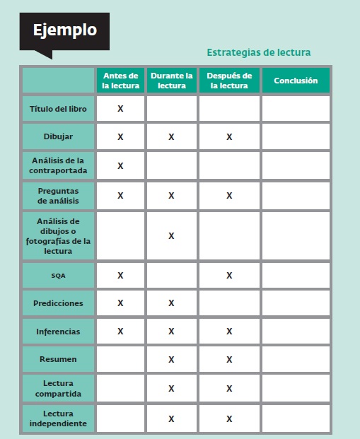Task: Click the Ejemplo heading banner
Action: coord(64,30)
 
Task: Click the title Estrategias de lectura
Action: coord(258,52)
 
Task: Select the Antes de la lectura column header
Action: coord(120,81)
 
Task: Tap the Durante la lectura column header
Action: coord(171,81)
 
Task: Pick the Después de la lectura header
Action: coord(229,81)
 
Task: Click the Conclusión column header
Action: coord(296,81)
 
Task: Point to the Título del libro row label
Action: coord(58,109)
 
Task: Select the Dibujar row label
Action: coord(58,136)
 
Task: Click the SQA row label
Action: coord(58,276)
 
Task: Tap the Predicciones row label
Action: coord(58,303)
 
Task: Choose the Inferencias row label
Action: coord(58,331)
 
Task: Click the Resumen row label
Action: coord(58,359)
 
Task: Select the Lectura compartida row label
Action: coord(58,388)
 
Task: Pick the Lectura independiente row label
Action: coord(58,418)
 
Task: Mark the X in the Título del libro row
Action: coord(120,109)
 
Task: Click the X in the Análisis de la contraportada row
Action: coord(120,165)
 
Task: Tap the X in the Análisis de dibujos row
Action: coord(171,235)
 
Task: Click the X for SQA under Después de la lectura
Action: coord(229,276)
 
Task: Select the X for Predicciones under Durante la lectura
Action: coord(171,303)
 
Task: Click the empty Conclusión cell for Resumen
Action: coord(296,359)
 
